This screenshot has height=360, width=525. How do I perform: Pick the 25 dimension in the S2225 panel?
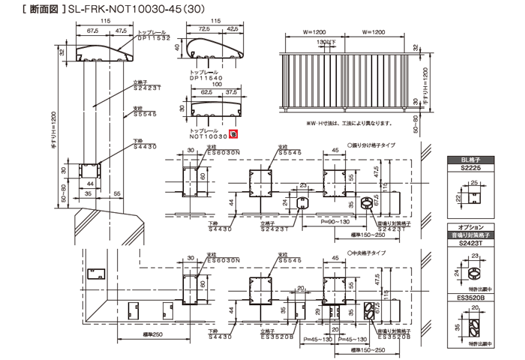click(x=474, y=181)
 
